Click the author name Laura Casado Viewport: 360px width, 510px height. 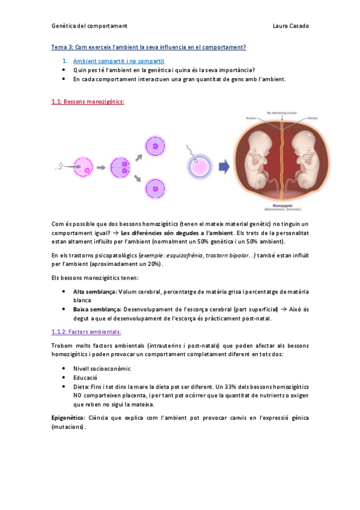coord(290,26)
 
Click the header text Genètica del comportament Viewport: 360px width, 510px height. coord(90,26)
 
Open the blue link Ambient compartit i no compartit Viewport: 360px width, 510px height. coord(118,61)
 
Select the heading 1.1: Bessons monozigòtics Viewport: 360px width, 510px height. coord(88,102)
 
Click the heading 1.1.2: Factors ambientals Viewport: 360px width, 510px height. coord(87,331)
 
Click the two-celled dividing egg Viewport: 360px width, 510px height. coord(121,167)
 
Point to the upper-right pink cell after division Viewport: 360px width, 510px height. coord(156,146)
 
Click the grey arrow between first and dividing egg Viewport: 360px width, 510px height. coord(100,168)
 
